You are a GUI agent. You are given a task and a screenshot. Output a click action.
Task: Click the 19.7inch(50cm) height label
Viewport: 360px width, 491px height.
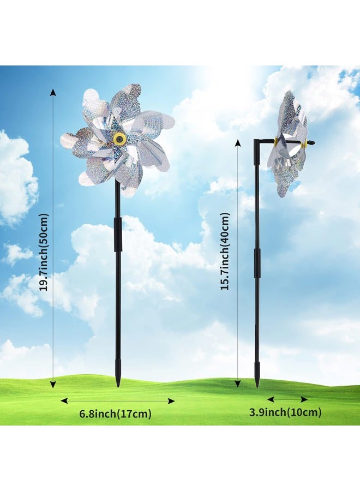(45, 253)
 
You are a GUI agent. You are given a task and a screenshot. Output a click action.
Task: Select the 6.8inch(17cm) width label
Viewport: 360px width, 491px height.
(116, 414)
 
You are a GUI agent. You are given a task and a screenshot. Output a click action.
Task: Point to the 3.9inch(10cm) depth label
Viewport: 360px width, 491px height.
(285, 412)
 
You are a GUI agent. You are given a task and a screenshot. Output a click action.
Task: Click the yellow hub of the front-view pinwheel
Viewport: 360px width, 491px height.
(119, 138)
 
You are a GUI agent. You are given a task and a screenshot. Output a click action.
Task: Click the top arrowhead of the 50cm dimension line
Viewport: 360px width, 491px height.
(53, 92)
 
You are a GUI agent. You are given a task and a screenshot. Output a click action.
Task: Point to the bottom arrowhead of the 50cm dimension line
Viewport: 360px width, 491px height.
(53, 384)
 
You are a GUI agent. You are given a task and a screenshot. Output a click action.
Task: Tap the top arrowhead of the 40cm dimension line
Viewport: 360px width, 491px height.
(238, 143)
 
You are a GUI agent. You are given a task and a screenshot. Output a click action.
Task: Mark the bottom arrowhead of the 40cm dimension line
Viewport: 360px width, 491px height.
(238, 382)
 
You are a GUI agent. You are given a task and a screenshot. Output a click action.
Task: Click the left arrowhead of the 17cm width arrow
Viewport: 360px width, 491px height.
(64, 401)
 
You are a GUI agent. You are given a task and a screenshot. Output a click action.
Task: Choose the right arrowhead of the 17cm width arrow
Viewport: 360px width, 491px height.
(171, 401)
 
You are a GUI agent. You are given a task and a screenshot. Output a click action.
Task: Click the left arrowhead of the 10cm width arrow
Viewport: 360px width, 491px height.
(271, 399)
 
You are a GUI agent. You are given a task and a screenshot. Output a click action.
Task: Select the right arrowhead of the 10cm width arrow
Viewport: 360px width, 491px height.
(304, 399)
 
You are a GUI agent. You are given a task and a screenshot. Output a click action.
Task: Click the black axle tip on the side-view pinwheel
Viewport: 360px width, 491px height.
(311, 143)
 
